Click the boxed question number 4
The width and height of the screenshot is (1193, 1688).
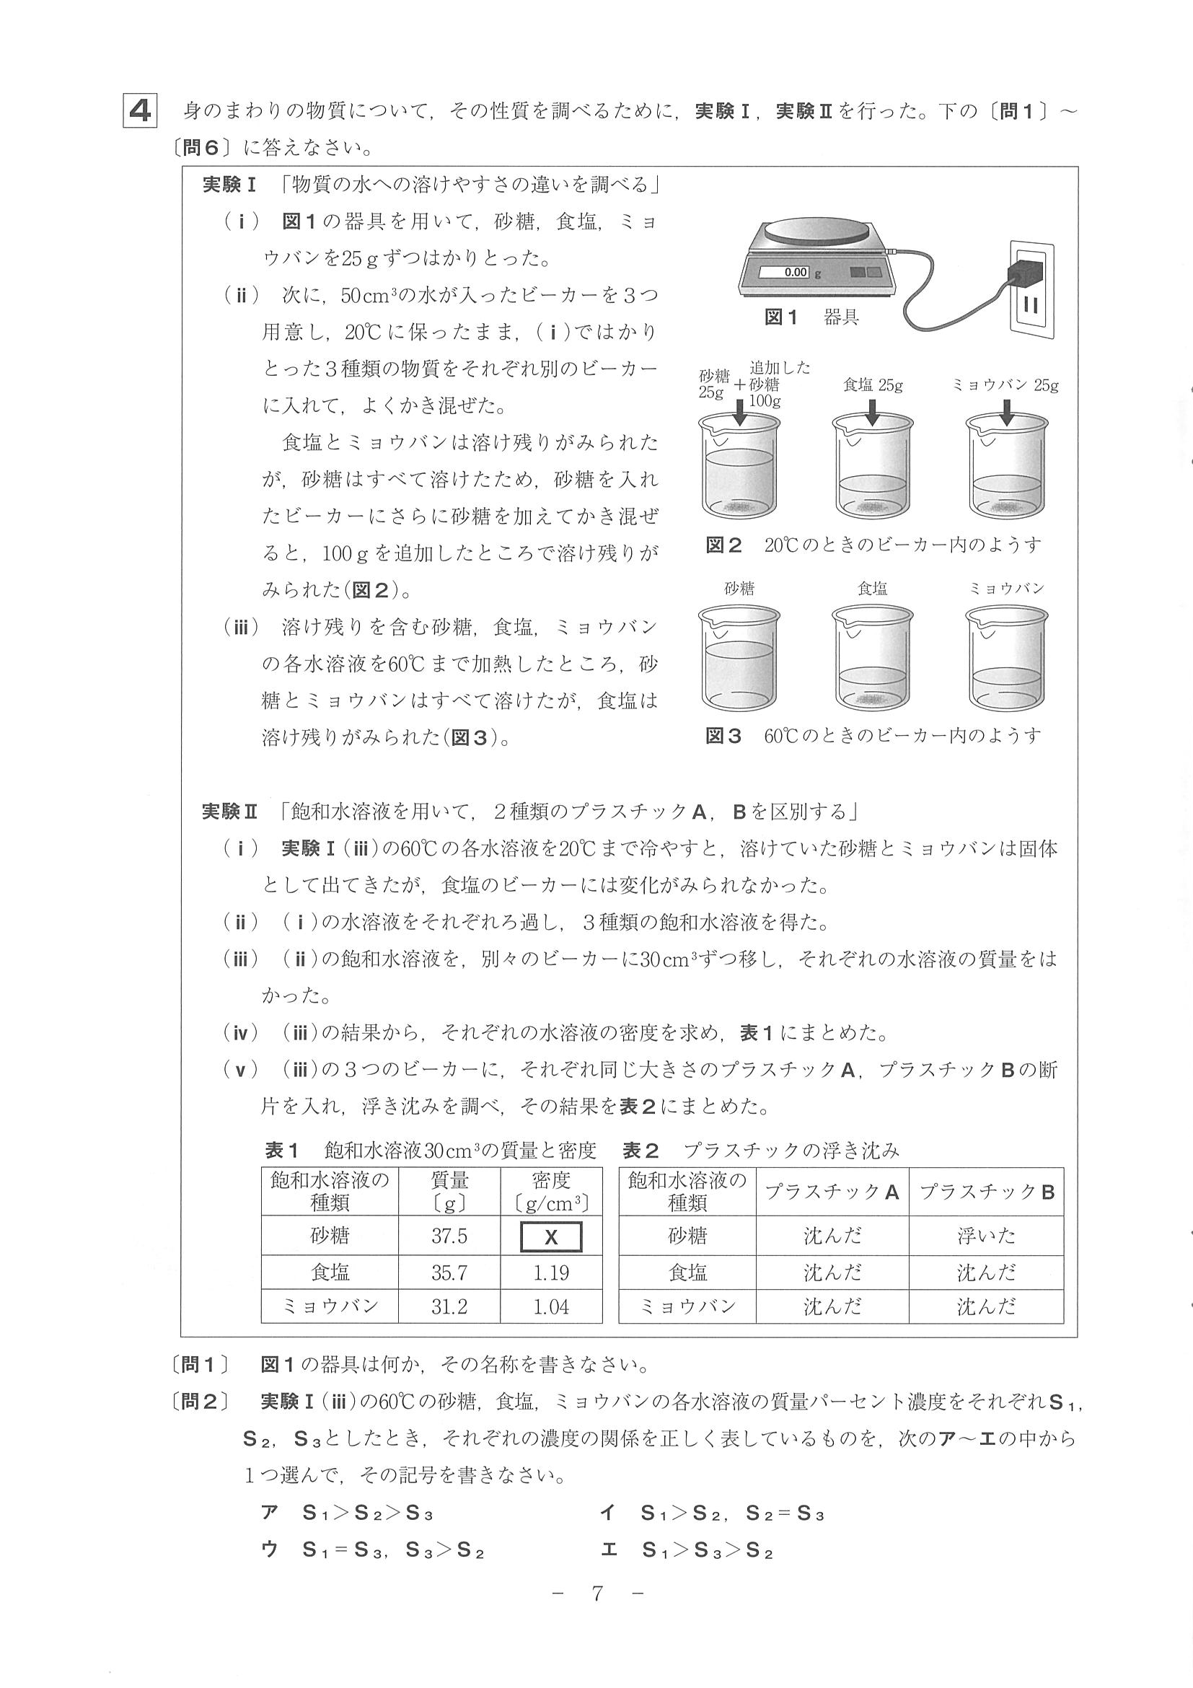click(140, 111)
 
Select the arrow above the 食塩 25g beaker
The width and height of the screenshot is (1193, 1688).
click(873, 413)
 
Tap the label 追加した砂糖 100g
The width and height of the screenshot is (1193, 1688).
click(778, 384)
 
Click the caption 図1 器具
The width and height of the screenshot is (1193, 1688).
click(811, 317)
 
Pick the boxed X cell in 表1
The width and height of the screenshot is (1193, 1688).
click(550, 1236)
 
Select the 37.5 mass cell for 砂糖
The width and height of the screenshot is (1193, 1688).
click(449, 1236)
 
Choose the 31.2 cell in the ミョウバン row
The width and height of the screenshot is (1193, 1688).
click(449, 1307)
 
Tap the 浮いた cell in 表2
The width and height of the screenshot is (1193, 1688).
click(986, 1236)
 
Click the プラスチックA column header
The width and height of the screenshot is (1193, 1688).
click(832, 1192)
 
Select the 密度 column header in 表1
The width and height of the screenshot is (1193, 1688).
click(550, 1192)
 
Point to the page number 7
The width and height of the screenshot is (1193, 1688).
click(597, 1594)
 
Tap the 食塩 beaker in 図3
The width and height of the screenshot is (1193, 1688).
click(873, 657)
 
